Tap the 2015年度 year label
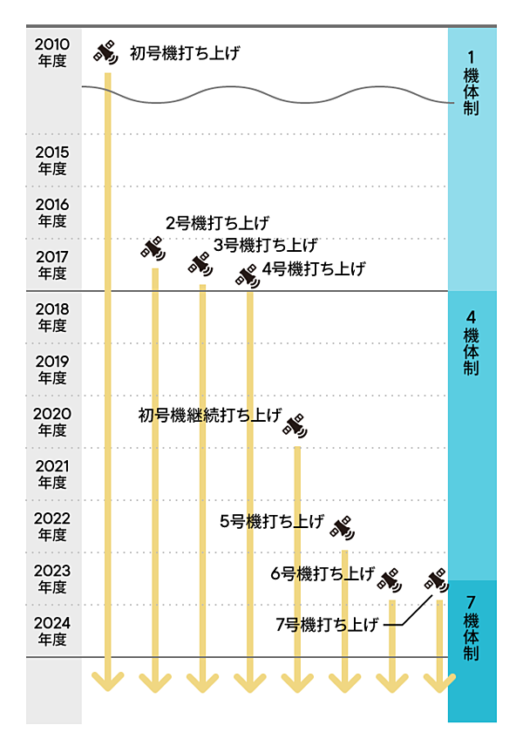[x=51, y=159]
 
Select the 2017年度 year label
[x=51, y=264]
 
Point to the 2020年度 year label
[x=51, y=421]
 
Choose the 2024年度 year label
[x=51, y=630]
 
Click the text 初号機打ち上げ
[x=185, y=53]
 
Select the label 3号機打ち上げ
[x=265, y=245]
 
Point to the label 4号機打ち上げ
[x=313, y=268]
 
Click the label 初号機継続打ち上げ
[x=210, y=415]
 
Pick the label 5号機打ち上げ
[x=272, y=522]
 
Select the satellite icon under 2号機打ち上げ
[x=153, y=248]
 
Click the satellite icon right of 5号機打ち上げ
[x=343, y=526]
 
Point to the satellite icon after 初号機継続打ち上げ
[x=295, y=426]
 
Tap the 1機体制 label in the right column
[x=472, y=84]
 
